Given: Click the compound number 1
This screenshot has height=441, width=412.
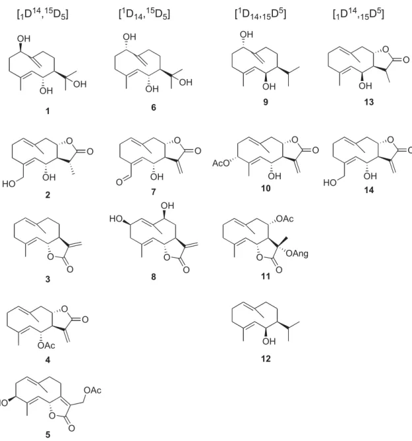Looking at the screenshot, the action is click(47, 111).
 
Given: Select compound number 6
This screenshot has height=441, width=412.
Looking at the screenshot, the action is click(154, 107).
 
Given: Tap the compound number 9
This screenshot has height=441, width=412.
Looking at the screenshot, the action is click(266, 102).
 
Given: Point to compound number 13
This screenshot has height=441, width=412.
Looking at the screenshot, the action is click(368, 102).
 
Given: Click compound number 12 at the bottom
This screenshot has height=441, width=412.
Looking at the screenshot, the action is click(266, 359).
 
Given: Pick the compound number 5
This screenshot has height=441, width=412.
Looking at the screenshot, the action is click(47, 434).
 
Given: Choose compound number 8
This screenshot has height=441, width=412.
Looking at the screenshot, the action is click(154, 276).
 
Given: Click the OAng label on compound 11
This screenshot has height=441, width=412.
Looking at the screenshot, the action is click(297, 254).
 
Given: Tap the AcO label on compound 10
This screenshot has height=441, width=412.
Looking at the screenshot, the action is click(221, 163).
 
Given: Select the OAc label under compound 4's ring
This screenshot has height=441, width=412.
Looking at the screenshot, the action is click(46, 345).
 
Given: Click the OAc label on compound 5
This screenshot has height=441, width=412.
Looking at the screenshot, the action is click(92, 390).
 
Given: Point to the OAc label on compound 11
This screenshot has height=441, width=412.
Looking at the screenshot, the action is click(285, 219).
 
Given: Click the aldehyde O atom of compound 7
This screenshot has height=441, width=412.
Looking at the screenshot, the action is click(119, 182).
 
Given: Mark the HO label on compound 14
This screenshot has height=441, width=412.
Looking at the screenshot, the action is click(330, 183).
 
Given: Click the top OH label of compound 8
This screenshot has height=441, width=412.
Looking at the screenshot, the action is click(167, 206).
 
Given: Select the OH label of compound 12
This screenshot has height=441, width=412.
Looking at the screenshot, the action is click(268, 341).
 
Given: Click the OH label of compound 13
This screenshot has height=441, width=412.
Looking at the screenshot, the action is click(365, 86).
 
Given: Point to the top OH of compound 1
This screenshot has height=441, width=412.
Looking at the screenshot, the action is click(24, 38).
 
